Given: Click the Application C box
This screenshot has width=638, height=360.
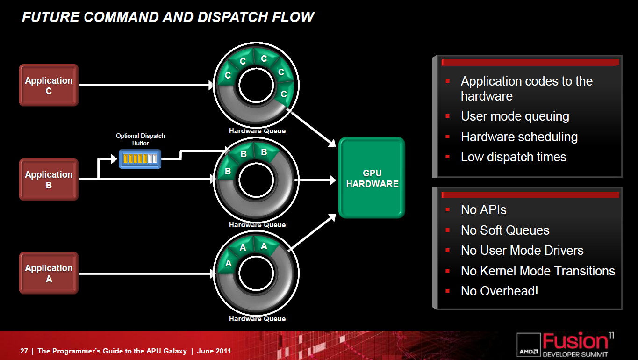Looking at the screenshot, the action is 49,85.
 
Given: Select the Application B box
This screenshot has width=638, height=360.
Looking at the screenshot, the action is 49,180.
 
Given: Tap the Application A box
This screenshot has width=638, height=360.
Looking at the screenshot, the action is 49,273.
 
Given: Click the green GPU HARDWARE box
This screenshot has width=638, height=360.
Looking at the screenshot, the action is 372,178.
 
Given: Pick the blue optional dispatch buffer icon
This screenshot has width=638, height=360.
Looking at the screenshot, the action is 140,159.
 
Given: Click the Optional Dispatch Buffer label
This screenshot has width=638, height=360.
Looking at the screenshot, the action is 140,139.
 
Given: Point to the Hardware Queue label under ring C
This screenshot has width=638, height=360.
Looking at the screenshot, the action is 257,131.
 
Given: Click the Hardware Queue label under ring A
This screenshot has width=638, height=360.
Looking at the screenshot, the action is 257,319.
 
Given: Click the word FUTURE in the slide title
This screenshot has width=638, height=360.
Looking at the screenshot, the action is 50,17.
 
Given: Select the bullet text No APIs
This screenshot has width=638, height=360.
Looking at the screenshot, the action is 484,210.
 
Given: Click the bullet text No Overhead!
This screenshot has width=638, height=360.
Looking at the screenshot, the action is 500,291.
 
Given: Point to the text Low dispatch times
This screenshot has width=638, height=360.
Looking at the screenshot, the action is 514,157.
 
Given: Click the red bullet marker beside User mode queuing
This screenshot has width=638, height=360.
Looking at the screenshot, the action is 447,116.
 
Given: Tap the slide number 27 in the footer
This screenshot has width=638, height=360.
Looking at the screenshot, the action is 24,351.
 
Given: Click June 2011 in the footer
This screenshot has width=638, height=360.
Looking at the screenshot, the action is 214,351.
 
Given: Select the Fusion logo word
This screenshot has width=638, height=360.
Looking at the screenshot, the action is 575,341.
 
